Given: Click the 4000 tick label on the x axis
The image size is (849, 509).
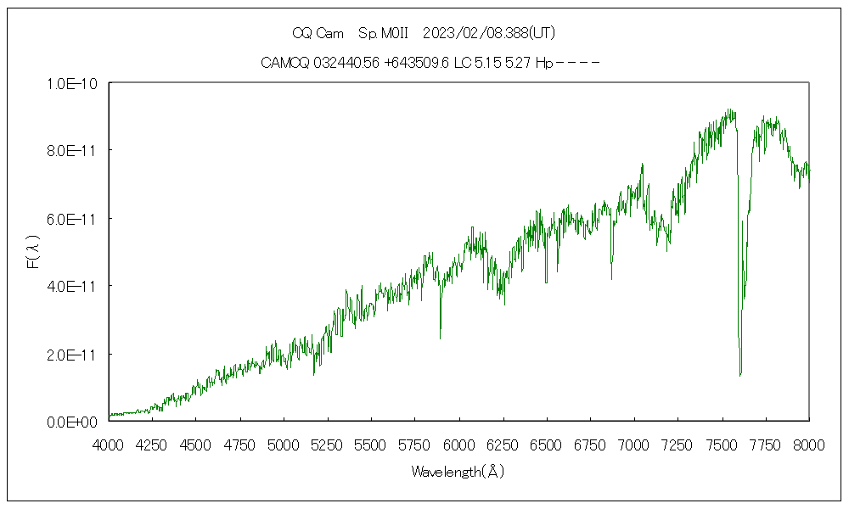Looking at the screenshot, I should pyautogui.click(x=109, y=445).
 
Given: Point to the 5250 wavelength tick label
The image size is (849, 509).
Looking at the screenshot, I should pyautogui.click(x=327, y=445).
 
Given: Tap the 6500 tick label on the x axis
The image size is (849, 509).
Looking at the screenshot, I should pyautogui.click(x=546, y=445).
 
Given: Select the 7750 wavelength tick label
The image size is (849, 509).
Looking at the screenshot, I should pyautogui.click(x=765, y=445).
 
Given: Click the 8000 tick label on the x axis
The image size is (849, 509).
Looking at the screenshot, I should pyautogui.click(x=808, y=445).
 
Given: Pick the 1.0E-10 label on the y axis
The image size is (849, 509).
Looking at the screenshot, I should pyautogui.click(x=74, y=83).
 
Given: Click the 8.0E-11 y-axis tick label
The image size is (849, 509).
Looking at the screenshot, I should pyautogui.click(x=74, y=150).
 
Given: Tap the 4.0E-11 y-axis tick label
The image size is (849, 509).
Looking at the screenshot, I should pyautogui.click(x=74, y=286).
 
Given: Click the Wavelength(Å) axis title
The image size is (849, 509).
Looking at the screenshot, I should pyautogui.click(x=458, y=472).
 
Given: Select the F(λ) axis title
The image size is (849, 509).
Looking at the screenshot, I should pyautogui.click(x=33, y=253).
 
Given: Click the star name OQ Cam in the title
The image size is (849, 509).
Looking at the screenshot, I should pyautogui.click(x=318, y=33).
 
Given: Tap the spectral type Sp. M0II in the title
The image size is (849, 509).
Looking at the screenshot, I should pyautogui.click(x=384, y=33).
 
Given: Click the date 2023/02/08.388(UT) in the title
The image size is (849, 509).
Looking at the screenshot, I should pyautogui.click(x=488, y=33).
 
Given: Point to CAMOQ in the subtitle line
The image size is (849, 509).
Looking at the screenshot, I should pyautogui.click(x=284, y=63).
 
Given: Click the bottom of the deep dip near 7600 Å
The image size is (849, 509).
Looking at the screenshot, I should pyautogui.click(x=740, y=374).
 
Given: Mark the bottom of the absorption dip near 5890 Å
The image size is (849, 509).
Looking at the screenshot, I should pyautogui.click(x=440, y=338).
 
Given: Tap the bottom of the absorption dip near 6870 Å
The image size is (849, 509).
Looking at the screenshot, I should pyautogui.click(x=611, y=278).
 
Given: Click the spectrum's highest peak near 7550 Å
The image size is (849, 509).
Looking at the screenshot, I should pyautogui.click(x=728, y=109).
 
